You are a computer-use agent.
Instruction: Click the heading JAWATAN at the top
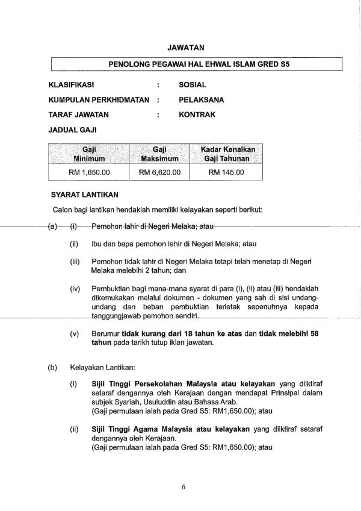click(189, 45)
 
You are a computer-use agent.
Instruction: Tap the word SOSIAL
click(193, 85)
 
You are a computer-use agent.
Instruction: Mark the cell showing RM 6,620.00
click(159, 172)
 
